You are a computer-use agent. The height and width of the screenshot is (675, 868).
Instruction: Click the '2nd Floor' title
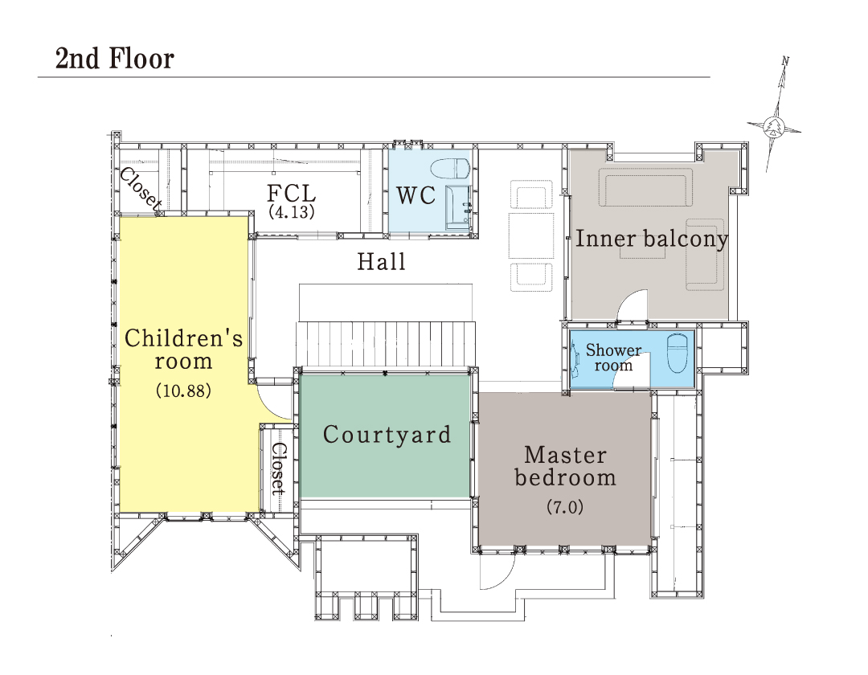coord(115,59)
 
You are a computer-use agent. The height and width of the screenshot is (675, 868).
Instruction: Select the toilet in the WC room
coord(449,168)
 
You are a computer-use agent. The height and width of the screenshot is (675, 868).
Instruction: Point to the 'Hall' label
coord(382,261)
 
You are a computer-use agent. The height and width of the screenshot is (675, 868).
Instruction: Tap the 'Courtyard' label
coord(387,434)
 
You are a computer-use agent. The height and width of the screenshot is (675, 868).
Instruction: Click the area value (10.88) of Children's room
coord(183,391)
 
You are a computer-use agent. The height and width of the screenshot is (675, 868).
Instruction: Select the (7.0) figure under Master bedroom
coord(565,507)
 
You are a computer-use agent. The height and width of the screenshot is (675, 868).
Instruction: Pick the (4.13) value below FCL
coord(292,212)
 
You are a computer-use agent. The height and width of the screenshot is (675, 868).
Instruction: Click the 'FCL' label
coord(292,194)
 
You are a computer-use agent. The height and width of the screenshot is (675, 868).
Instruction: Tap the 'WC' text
coord(416,195)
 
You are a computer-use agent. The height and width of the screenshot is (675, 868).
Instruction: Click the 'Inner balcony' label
coord(652,239)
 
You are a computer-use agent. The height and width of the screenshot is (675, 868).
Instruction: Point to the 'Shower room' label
coord(613,358)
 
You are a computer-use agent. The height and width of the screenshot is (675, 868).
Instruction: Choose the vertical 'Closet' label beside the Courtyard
coord(278,468)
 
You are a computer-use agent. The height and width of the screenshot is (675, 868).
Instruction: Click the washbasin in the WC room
coord(458,209)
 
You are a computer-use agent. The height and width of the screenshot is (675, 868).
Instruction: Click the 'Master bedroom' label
coord(565,466)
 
